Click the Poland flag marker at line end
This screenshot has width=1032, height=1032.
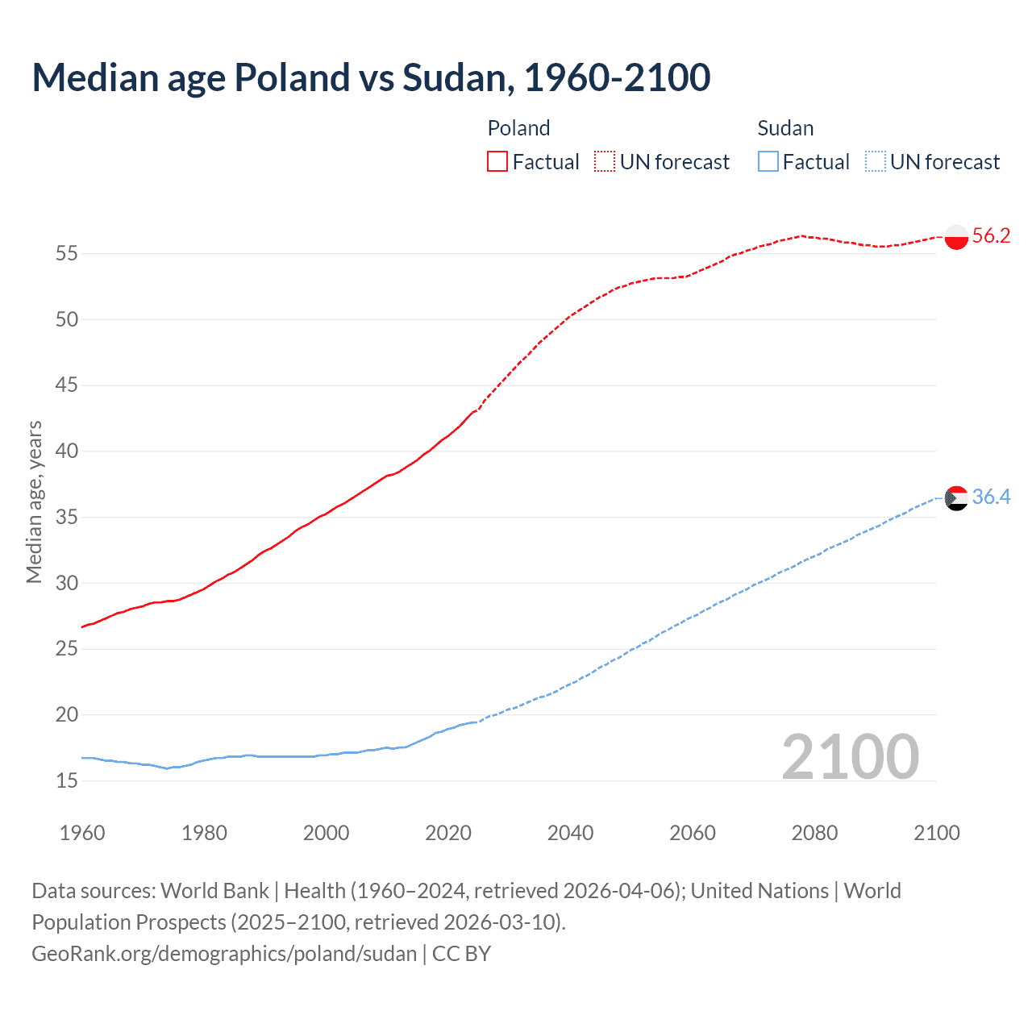(955, 237)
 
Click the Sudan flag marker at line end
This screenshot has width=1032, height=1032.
(955, 498)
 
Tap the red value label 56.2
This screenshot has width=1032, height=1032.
(991, 235)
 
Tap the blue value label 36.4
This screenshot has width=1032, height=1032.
(991, 497)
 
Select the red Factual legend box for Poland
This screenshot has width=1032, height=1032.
(497, 162)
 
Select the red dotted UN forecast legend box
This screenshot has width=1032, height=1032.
(605, 162)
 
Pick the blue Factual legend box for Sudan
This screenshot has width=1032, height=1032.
(768, 162)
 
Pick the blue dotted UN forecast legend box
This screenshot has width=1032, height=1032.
(875, 162)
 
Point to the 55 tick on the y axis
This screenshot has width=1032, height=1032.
(67, 254)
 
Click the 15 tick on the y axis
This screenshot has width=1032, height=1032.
(67, 780)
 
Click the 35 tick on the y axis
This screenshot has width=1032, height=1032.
(67, 517)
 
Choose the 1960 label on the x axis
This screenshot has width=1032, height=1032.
(82, 833)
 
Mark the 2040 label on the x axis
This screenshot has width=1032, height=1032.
(570, 833)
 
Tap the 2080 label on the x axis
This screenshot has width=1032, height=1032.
(814, 833)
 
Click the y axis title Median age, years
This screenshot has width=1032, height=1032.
(34, 501)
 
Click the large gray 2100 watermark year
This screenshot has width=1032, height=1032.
(850, 757)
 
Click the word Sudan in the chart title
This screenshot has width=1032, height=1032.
(455, 77)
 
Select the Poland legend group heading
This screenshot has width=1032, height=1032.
(518, 128)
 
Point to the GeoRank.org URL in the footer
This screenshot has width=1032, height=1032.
(224, 954)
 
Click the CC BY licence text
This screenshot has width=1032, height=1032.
(461, 954)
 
